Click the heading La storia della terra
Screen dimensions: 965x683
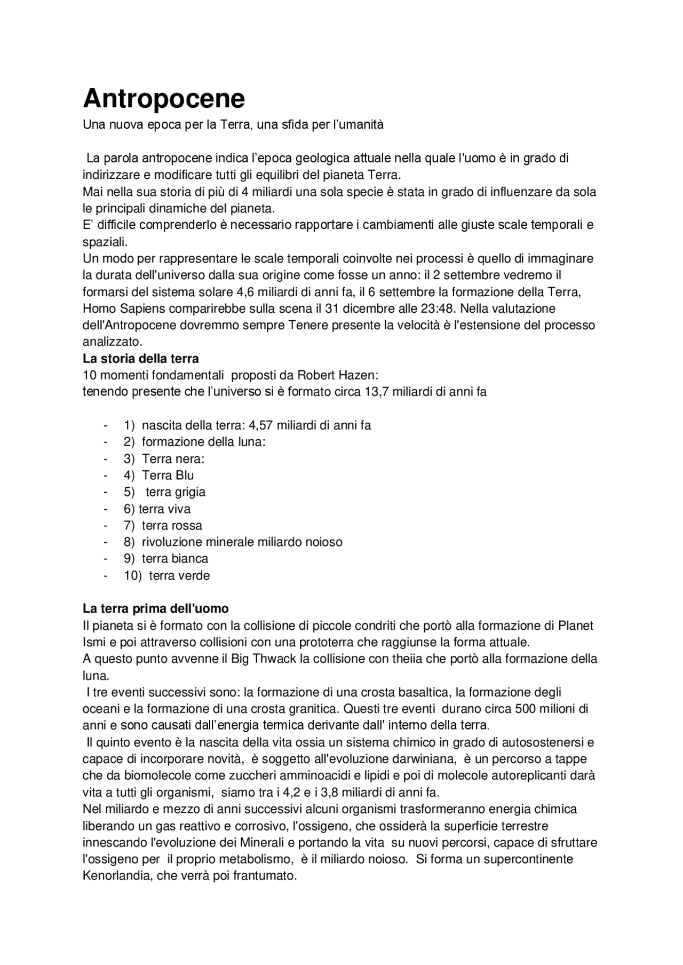tap(141, 359)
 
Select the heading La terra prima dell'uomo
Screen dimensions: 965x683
tap(156, 608)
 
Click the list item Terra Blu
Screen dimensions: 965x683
tap(168, 476)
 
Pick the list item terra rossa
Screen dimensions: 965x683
tap(172, 526)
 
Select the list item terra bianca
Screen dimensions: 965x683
tap(175, 559)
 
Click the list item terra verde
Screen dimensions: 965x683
tap(179, 576)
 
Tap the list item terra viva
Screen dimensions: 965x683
tap(164, 509)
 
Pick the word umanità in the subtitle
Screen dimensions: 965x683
tap(362, 125)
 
